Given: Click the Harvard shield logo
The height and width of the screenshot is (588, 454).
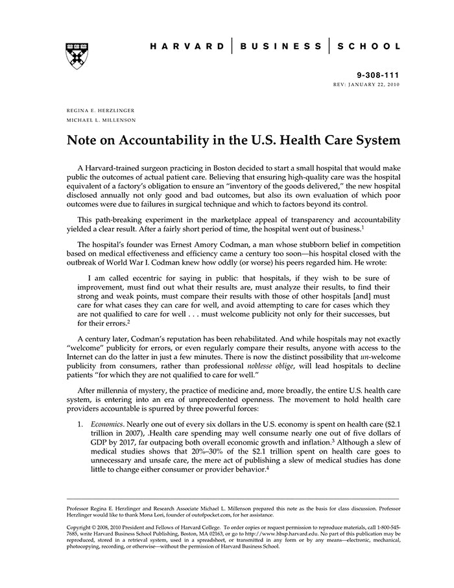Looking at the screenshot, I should pyautogui.click(x=77, y=56).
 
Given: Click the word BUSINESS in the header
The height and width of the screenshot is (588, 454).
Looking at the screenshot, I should pyautogui.click(x=281, y=46).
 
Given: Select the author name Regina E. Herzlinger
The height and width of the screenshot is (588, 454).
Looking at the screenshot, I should pyautogui.click(x=100, y=111).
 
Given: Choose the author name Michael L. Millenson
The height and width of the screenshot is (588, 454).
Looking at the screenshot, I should pyautogui.click(x=100, y=120).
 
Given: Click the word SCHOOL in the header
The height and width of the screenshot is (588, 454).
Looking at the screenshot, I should pyautogui.click(x=372, y=46).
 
